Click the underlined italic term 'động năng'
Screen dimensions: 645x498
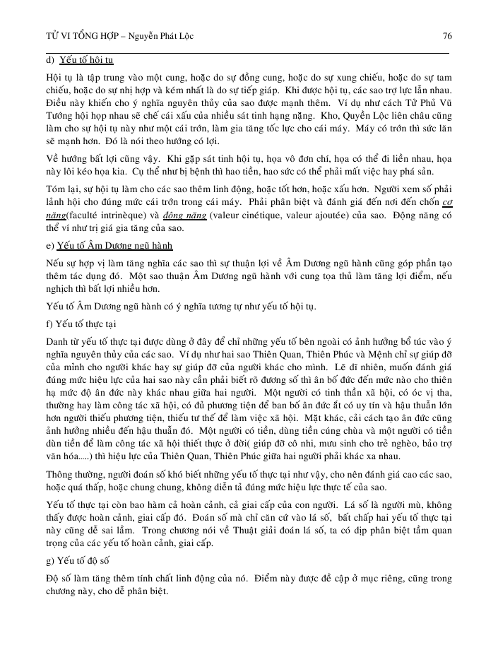point(182,215)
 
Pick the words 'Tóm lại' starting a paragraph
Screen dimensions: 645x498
point(59,187)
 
